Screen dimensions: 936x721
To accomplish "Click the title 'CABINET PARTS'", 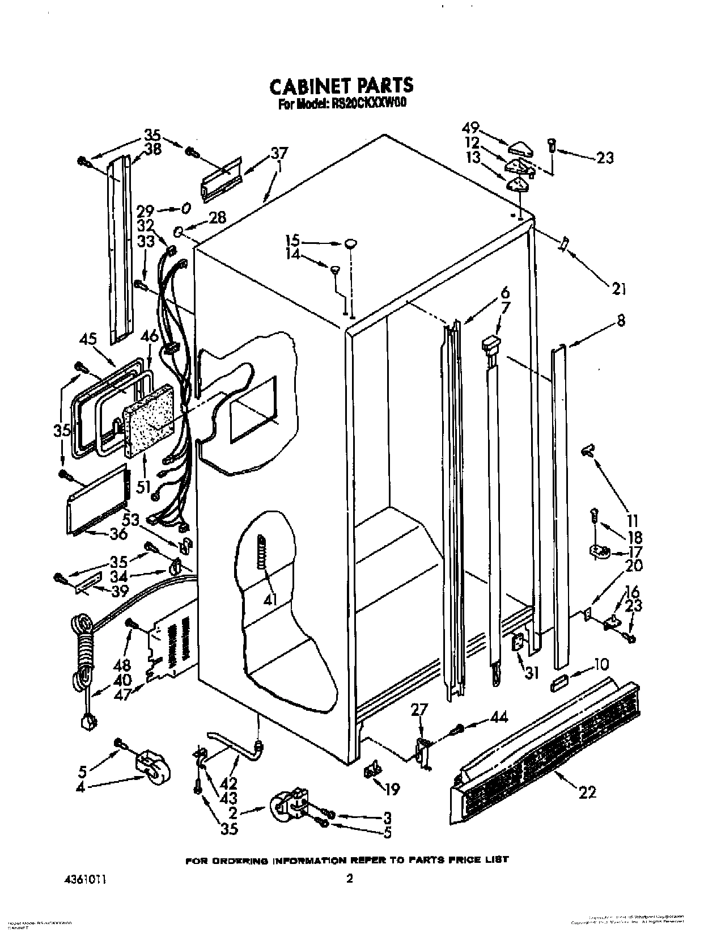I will pyautogui.click(x=341, y=85).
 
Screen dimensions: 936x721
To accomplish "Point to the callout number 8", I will pyautogui.click(x=621, y=321).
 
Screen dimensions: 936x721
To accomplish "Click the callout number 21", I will pyautogui.click(x=618, y=289).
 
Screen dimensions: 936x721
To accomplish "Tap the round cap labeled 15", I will pyautogui.click(x=350, y=243).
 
